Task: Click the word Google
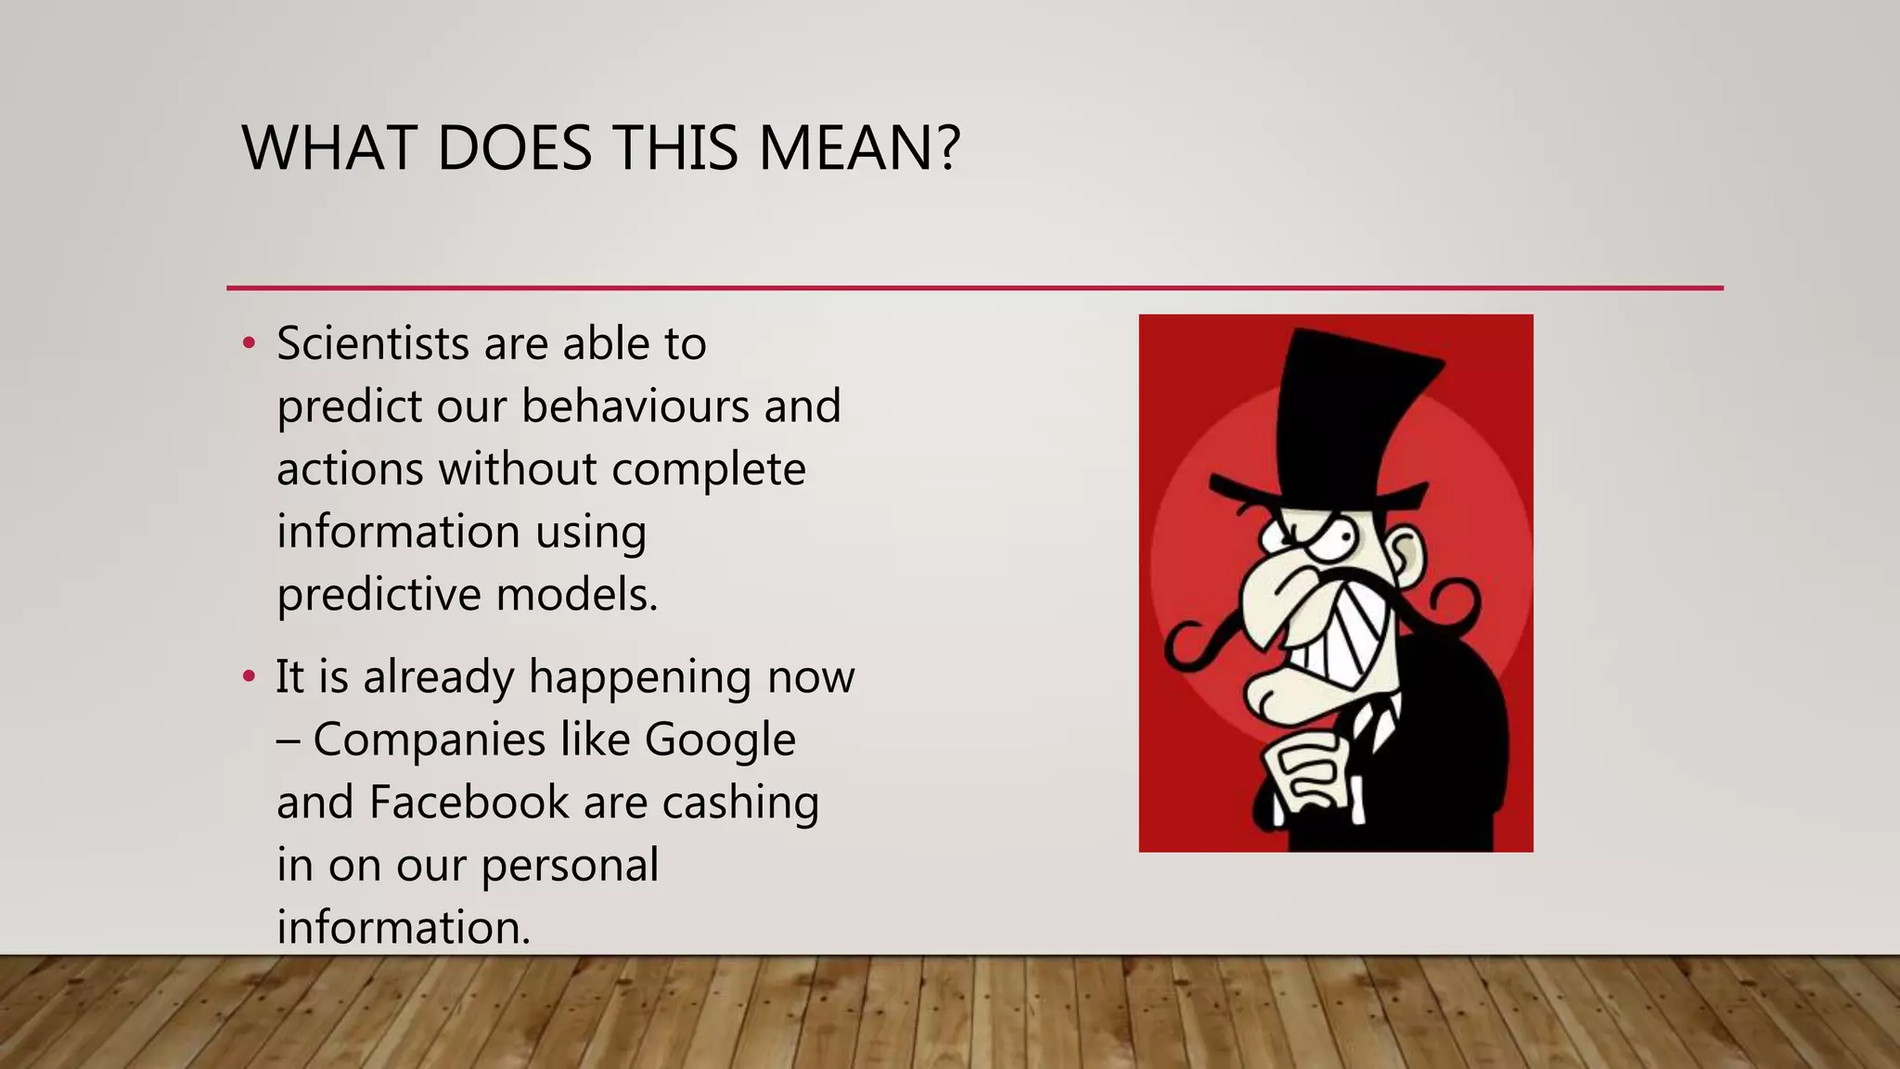719,741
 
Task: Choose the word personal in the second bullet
570,866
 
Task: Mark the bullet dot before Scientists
248,344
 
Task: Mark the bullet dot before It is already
248,676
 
